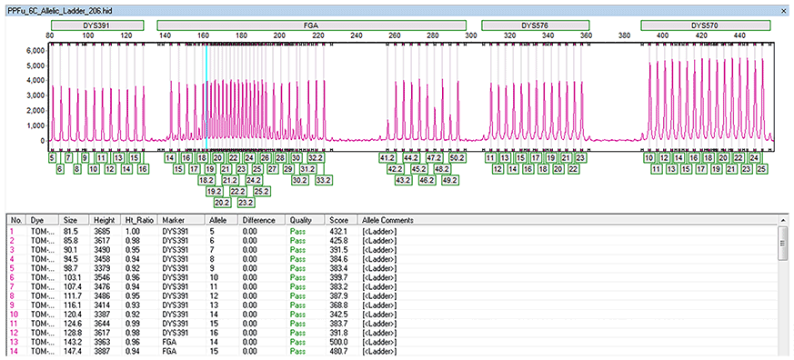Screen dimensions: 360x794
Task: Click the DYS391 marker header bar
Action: click(x=97, y=25)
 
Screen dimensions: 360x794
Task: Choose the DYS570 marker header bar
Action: click(x=705, y=25)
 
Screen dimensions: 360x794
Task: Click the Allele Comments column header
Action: click(x=387, y=221)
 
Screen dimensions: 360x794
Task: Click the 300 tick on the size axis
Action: click(x=470, y=35)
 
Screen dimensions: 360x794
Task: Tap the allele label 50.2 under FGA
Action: click(x=457, y=158)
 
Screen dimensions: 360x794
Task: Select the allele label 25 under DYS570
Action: click(x=762, y=169)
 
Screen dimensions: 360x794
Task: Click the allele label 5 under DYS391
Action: click(x=54, y=158)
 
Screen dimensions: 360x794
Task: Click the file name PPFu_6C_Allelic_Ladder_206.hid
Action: click(x=64, y=6)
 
